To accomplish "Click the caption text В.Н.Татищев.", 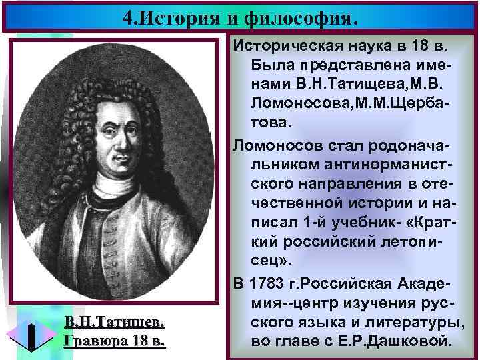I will [x=114, y=323].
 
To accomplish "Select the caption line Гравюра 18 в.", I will [x=113, y=341].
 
